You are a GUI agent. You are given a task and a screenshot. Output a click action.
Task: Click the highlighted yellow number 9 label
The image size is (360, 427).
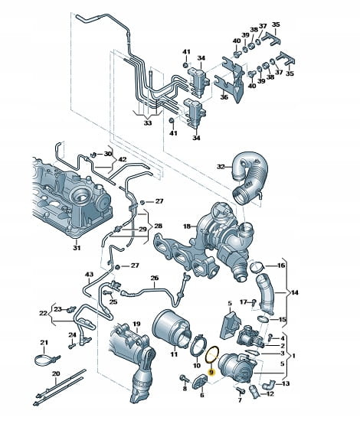(x=211, y=372)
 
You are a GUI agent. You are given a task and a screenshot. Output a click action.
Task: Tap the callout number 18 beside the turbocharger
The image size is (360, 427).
(x=187, y=227)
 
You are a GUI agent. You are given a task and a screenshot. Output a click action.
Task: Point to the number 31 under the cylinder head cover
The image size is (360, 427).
(x=77, y=248)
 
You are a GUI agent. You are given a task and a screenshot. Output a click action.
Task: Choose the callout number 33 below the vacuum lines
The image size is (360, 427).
(x=148, y=123)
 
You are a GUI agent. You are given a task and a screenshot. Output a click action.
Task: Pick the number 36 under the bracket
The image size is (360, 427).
(x=224, y=97)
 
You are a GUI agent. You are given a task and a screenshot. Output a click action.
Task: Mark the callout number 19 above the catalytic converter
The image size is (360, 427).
(x=136, y=324)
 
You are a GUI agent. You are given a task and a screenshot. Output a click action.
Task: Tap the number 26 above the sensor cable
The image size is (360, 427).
(x=155, y=279)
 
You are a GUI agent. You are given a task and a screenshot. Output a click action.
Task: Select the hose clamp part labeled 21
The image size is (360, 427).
(x=45, y=359)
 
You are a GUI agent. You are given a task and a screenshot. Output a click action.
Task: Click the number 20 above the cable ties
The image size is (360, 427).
(x=56, y=374)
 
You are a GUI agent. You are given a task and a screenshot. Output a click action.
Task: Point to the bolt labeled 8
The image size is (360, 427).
(x=183, y=378)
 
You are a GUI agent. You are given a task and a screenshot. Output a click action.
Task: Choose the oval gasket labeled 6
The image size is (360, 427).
(x=201, y=381)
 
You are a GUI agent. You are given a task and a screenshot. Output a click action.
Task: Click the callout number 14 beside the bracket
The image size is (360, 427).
(x=295, y=293)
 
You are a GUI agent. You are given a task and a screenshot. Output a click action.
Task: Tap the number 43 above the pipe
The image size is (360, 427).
(x=89, y=275)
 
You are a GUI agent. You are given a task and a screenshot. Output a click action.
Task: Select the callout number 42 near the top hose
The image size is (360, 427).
(x=123, y=159)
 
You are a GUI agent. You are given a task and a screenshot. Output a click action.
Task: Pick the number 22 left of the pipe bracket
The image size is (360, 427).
(x=43, y=313)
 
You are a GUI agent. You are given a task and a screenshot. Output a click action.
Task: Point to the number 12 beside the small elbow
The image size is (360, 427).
(x=270, y=394)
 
